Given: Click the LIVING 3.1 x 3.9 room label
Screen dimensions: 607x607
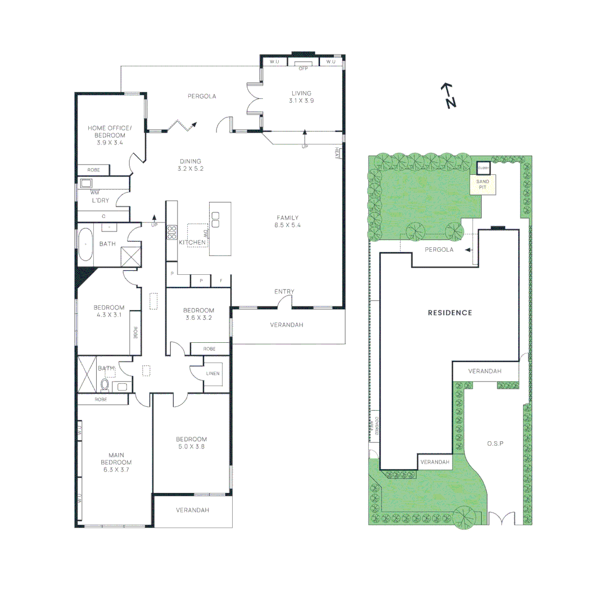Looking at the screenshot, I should tap(301, 97).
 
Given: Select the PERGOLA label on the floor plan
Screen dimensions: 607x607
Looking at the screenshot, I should tap(202, 96).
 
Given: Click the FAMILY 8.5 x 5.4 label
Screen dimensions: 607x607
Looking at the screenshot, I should tap(287, 221).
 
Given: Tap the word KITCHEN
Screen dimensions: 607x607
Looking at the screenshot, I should tap(192, 242).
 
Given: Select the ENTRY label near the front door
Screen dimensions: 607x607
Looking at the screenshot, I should tap(284, 291).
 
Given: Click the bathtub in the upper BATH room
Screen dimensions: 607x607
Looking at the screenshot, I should tap(85, 244).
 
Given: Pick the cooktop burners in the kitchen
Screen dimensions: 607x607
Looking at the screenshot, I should tap(171, 232).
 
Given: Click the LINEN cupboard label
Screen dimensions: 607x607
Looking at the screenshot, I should tap(214, 373).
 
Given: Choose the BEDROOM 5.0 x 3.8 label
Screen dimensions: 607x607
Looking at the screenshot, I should tap(191, 443).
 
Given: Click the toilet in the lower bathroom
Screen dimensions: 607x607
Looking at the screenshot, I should tap(104, 385).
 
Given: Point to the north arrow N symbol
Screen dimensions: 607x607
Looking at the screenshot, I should tap(448, 96).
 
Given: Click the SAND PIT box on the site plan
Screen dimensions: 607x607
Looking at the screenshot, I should tap(483, 185).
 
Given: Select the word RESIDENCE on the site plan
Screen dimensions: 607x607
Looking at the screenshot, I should tap(450, 312).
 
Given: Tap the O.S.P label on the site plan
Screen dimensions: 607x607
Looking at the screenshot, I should tap(495, 443).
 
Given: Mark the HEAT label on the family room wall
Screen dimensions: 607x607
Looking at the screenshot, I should tap(338, 152).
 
